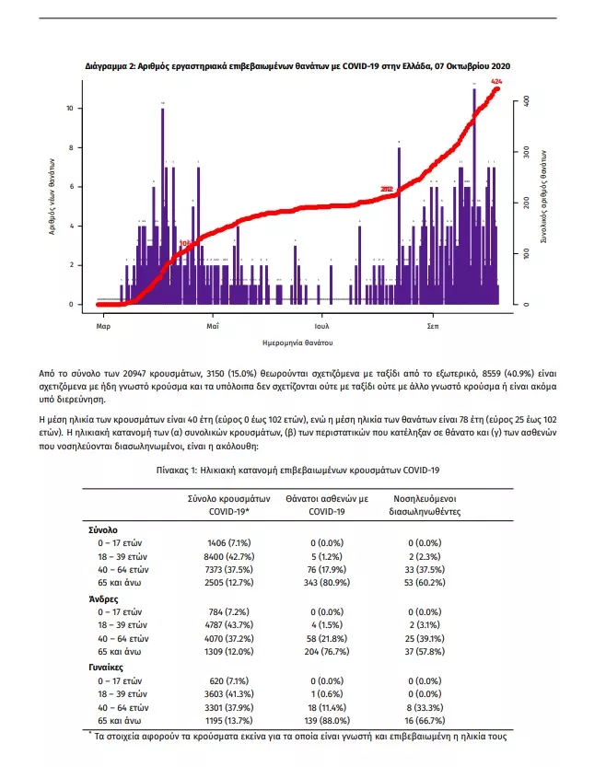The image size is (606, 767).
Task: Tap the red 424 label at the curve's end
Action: (497, 83)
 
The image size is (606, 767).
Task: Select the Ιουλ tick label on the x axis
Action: (321, 326)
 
